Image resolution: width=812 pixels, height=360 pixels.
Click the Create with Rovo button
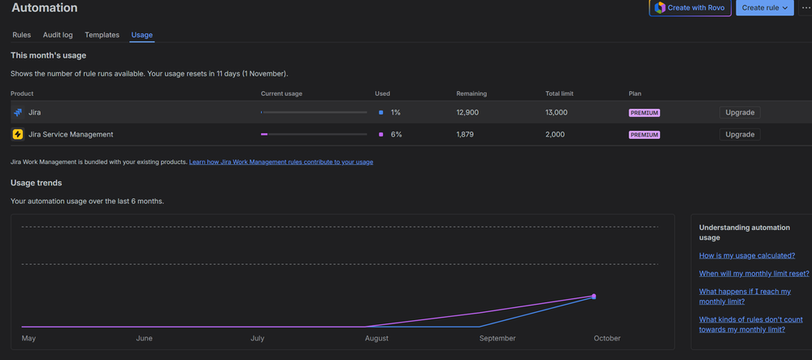(x=691, y=8)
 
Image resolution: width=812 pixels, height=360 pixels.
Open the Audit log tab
(x=58, y=35)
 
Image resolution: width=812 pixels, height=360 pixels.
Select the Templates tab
(x=102, y=35)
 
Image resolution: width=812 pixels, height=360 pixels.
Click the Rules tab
(x=21, y=35)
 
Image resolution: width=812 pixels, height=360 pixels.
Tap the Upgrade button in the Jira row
(x=739, y=112)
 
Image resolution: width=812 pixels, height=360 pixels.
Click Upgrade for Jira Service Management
(x=739, y=134)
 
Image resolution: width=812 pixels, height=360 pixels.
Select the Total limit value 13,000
(x=556, y=112)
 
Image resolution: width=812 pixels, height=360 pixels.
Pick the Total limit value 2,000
(x=554, y=134)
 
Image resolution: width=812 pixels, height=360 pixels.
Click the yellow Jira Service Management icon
(x=18, y=134)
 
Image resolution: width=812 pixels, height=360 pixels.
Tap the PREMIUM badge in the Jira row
(x=644, y=113)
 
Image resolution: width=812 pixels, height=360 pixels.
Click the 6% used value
(x=396, y=134)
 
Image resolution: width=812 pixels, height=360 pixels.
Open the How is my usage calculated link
(x=747, y=255)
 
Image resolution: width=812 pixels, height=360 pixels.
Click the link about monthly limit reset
(x=753, y=274)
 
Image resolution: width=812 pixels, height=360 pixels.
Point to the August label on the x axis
(x=376, y=338)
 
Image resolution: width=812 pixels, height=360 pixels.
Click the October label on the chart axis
(x=606, y=338)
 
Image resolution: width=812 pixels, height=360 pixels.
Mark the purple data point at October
(x=594, y=297)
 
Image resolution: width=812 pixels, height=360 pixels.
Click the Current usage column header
(x=281, y=93)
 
